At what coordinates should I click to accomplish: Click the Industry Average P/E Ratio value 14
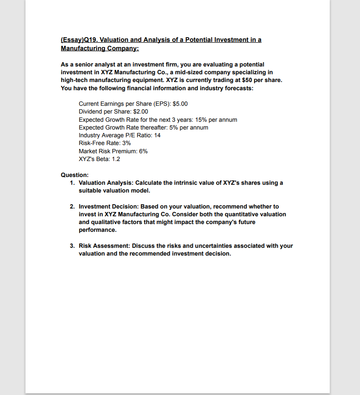(x=157, y=135)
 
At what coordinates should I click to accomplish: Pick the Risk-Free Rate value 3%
(x=126, y=143)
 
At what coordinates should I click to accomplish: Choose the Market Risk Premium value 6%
(x=143, y=151)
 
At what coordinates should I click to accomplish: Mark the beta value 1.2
(x=116, y=159)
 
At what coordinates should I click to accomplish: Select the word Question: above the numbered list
(x=75, y=175)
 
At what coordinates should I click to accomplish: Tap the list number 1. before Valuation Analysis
(x=73, y=183)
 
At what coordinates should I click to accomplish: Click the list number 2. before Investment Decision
(x=73, y=206)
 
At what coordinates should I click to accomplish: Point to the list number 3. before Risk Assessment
(x=73, y=246)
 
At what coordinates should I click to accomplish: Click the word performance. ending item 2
(x=98, y=230)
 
